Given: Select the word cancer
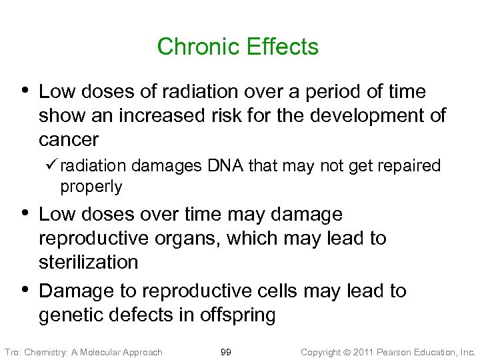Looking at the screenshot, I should (69, 139).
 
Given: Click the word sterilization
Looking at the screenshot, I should (89, 262).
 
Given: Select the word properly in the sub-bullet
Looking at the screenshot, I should (91, 187).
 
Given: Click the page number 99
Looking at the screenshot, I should (226, 351).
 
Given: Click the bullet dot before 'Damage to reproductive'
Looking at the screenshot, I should (25, 290).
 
